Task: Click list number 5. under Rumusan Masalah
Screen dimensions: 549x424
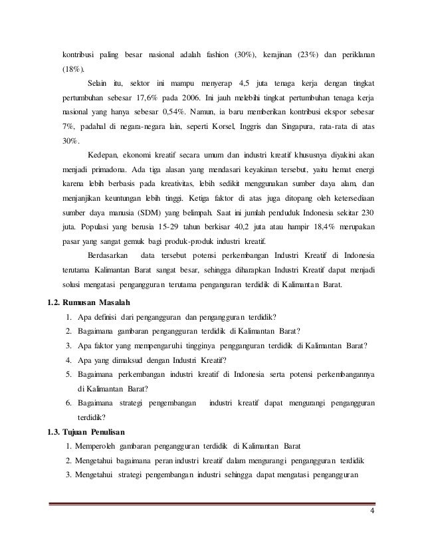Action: tap(69, 374)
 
